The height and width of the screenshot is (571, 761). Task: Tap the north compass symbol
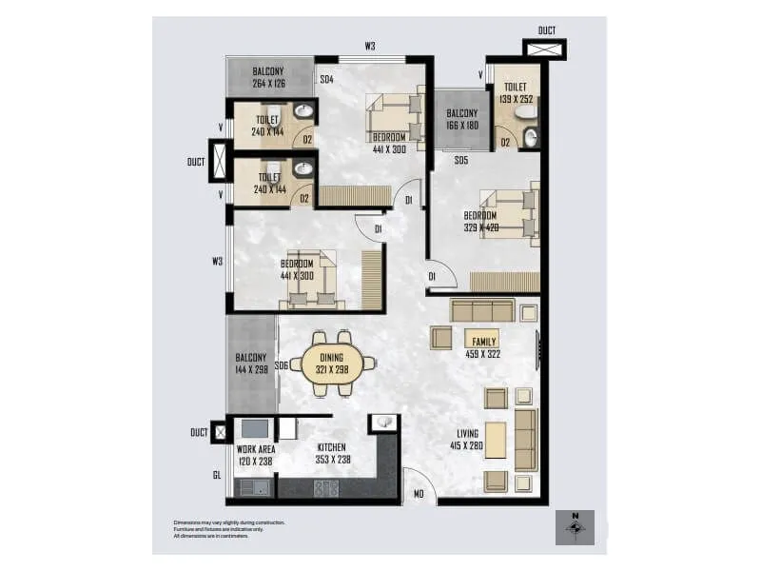tap(575, 527)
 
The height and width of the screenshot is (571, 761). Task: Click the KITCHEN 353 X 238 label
tap(332, 453)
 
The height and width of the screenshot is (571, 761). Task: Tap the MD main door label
tap(417, 494)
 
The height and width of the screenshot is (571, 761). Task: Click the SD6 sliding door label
tap(281, 365)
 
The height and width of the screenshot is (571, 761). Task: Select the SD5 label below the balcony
tap(460, 160)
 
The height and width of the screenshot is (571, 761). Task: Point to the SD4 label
tap(326, 80)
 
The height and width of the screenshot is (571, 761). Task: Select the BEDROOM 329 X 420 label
tap(479, 221)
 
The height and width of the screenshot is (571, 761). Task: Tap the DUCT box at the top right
tap(546, 48)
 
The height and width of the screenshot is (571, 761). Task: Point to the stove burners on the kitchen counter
tap(326, 488)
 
